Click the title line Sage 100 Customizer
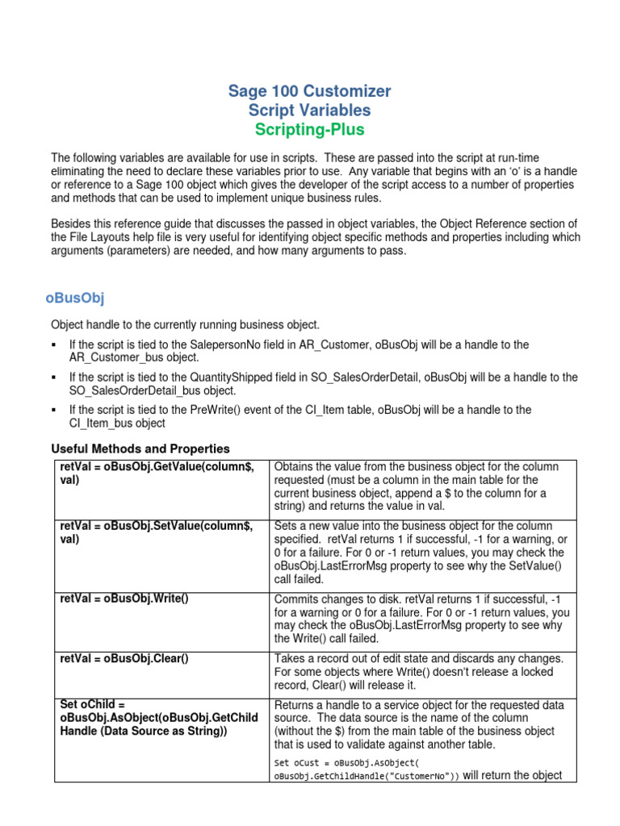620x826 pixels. point(309,91)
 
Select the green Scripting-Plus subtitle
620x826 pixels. point(309,129)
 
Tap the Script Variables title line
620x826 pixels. point(309,111)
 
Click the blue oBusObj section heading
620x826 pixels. point(75,298)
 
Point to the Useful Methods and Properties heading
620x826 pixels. point(140,448)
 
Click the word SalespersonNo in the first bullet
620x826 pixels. point(240,344)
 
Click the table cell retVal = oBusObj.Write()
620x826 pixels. point(124,598)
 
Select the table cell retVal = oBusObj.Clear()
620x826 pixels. point(124,658)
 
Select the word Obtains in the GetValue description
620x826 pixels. point(296,466)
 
